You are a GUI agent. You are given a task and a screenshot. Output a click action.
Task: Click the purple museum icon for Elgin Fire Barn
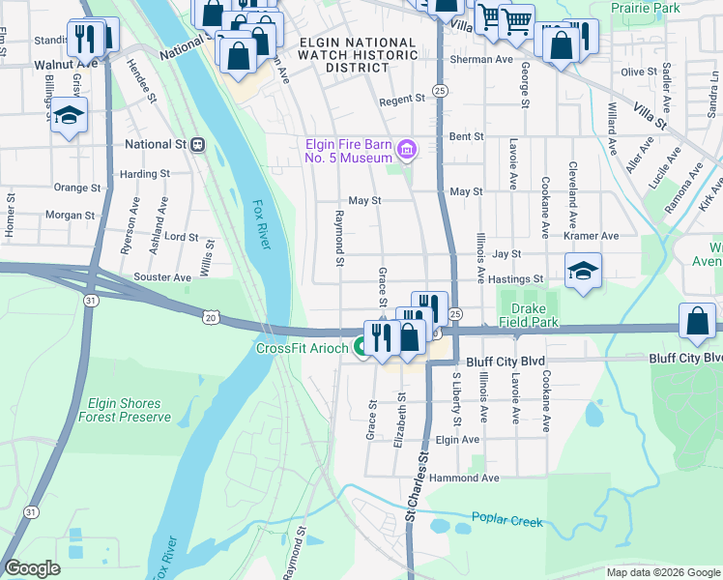coord(407,148)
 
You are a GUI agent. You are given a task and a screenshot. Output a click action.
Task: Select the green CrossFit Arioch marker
coord(363,347)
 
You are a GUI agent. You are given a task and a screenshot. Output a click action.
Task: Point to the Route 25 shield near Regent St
coord(440,90)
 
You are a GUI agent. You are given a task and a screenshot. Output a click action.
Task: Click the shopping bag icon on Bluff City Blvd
coord(697,321)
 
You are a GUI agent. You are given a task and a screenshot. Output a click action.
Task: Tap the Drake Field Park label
coord(522,316)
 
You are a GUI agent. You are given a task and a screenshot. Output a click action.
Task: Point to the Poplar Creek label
coord(507,519)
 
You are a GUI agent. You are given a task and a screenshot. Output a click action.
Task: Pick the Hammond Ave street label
coord(466,478)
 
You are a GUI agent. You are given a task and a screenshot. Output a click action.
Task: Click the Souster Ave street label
coord(161,277)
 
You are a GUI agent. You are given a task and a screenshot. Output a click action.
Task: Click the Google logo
coord(33,568)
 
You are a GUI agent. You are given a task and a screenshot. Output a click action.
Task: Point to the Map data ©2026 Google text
coord(662,572)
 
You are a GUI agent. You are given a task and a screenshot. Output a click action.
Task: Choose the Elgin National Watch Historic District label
coord(358,55)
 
